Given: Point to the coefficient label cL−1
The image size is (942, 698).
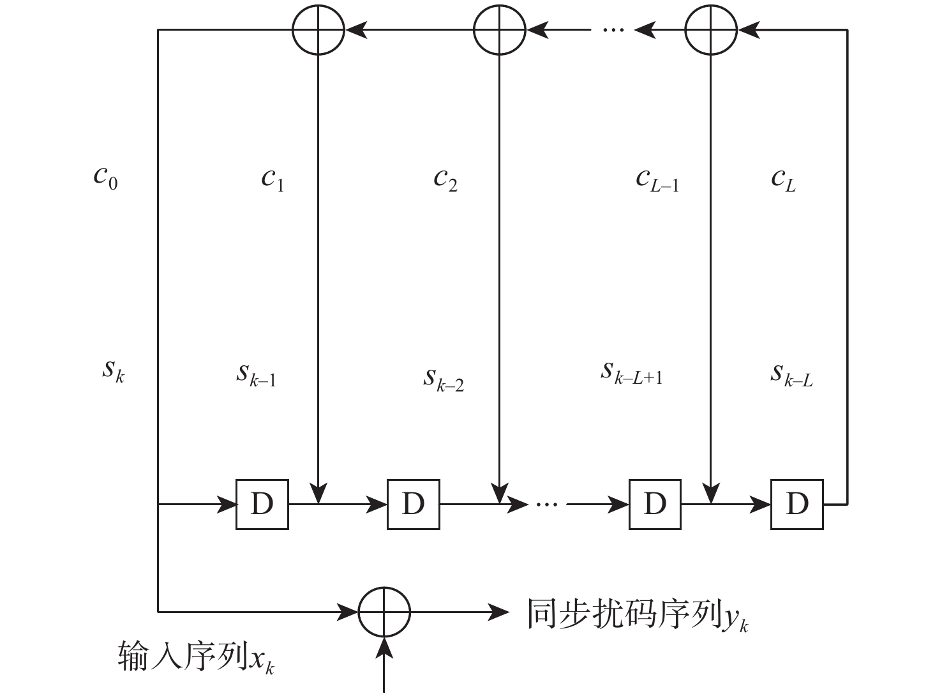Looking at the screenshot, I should coord(657,179).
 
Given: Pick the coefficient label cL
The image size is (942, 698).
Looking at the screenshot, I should coord(783,179).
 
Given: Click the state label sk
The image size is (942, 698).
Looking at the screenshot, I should coord(113,370).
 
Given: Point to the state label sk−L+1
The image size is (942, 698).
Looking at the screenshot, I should coord(631,373).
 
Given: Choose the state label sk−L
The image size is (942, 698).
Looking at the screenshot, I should coord(791,375).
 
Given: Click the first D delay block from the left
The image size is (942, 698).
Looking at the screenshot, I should coord(262,505).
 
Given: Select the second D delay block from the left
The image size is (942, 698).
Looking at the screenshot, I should coord(414,505).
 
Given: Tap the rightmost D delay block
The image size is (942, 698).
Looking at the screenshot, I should coord(797,505).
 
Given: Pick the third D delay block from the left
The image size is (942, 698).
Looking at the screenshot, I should coord(655,505).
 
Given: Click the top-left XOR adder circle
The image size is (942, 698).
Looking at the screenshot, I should coord(318,29).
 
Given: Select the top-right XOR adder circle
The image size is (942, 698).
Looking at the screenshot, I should coord(711,29).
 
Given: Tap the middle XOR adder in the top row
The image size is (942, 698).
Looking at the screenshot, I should coord(499,29).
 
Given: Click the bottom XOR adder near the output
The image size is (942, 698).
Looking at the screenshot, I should coord(384,612).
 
